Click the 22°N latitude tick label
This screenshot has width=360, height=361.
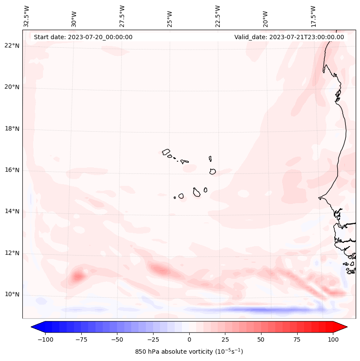click(12, 46)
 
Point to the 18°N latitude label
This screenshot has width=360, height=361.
click(12, 129)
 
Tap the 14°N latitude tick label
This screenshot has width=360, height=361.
click(12, 211)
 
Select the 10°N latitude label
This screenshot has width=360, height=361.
click(12, 294)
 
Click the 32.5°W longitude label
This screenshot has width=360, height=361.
click(27, 16)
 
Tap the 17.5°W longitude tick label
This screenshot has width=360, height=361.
click(313, 16)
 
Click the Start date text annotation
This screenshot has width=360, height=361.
click(83, 37)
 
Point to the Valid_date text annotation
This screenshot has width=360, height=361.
click(289, 37)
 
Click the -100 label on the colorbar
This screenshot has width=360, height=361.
click(45, 339)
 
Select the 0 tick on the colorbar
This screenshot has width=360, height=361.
click(189, 339)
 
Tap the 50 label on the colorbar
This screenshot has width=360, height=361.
click(261, 339)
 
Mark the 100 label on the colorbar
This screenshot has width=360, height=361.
click(332, 339)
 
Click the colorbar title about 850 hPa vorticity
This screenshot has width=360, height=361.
click(189, 352)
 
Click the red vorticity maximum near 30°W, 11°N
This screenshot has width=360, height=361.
click(78, 276)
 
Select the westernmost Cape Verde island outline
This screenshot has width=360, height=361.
click(166, 152)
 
